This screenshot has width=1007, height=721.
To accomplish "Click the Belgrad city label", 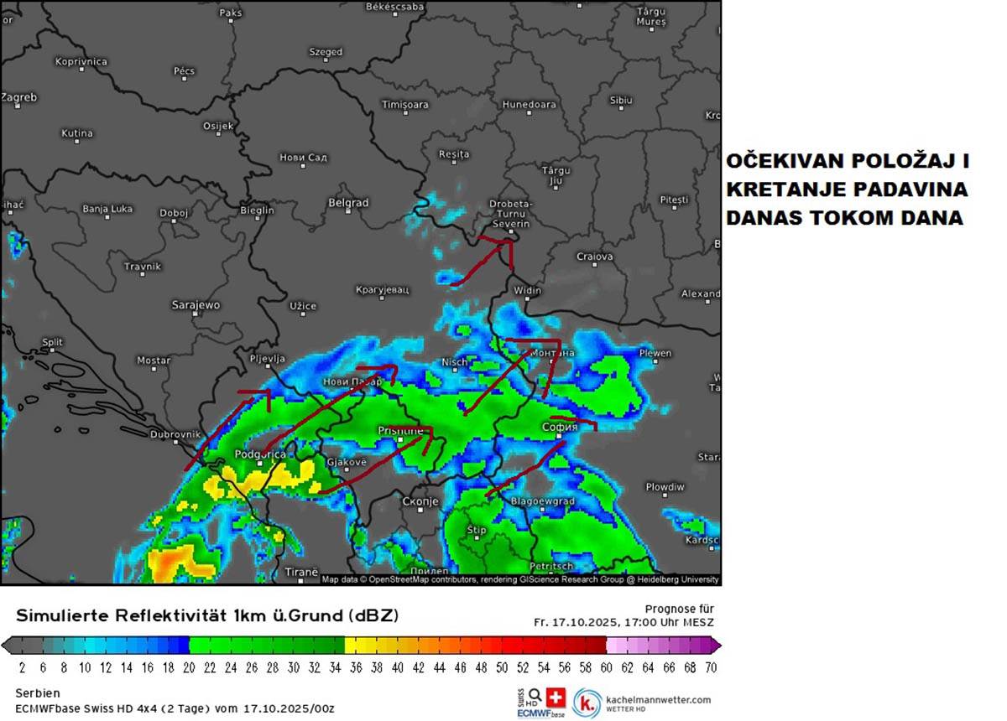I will pyautogui.click(x=348, y=203).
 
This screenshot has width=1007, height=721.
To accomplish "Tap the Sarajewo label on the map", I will pyautogui.click(x=196, y=305).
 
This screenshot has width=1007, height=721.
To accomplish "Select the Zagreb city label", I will pyautogui.click(x=18, y=97).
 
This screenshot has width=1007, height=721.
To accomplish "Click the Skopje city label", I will pyautogui.click(x=420, y=501).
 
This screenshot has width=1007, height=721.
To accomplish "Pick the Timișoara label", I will pyautogui.click(x=404, y=105).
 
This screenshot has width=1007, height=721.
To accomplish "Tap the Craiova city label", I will pyautogui.click(x=595, y=257).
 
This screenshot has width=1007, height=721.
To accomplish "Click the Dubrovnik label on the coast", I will pyautogui.click(x=175, y=434).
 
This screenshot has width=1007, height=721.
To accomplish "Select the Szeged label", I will pyautogui.click(x=326, y=52).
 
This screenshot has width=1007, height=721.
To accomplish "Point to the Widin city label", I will pyautogui.click(x=527, y=291).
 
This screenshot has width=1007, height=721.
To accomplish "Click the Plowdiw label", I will pyautogui.click(x=665, y=487).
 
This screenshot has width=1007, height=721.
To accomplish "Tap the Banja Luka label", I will pyautogui.click(x=107, y=209).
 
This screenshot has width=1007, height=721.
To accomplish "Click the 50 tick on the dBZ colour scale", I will pyautogui.click(x=501, y=668).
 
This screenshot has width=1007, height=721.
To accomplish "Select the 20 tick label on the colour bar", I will pyautogui.click(x=189, y=668).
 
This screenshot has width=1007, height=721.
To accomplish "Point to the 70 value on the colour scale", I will pyautogui.click(x=710, y=668).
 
